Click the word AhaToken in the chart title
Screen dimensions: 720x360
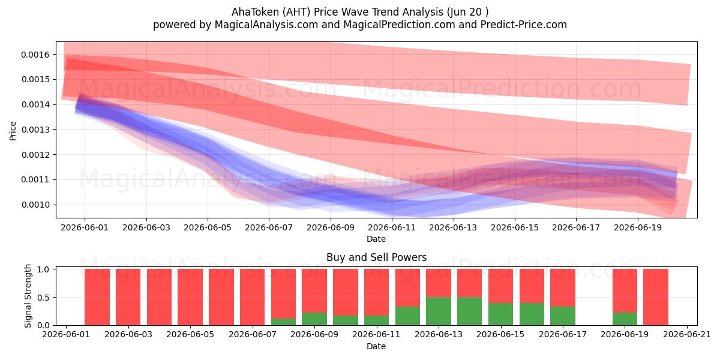[x=256, y=12]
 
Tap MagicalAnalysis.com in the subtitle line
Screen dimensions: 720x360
[x=266, y=25]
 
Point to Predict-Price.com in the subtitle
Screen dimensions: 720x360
[x=524, y=25]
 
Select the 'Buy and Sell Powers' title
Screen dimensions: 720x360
[x=376, y=257]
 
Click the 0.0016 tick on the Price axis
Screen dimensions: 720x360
[x=35, y=55]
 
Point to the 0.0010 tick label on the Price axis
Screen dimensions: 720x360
[x=35, y=205]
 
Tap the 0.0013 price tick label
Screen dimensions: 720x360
[x=35, y=130]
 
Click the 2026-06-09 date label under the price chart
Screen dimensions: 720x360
[x=331, y=228]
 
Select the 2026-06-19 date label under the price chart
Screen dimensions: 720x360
[x=638, y=228]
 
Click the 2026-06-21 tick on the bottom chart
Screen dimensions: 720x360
[x=687, y=335]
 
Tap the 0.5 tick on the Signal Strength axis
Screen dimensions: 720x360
[x=43, y=298]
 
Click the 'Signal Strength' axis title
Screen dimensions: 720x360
[x=28, y=296]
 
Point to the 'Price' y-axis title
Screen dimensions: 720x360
[x=13, y=131]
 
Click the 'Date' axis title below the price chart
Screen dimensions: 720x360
[x=376, y=239]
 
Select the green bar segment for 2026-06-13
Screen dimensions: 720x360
[x=439, y=311]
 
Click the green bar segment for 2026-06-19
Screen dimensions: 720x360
[x=625, y=319]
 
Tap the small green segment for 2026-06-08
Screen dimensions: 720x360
[x=283, y=322]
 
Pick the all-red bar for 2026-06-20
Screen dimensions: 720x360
[x=656, y=298]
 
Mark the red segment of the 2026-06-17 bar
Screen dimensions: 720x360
[x=563, y=287]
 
